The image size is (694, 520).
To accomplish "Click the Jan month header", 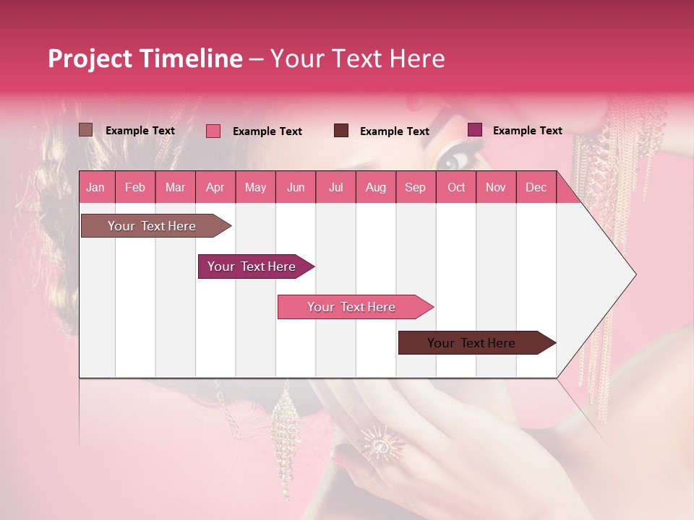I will point(95,187).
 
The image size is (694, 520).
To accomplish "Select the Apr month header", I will point(215,187).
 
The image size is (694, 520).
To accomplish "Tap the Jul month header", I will point(335,187).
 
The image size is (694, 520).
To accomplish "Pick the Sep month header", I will point(415,187).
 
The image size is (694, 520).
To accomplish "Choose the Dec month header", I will point(536,187).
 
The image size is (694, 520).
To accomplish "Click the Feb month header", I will point(135,187).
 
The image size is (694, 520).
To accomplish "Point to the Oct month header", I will point(455,187).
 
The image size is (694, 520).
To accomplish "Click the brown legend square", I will point(85,130).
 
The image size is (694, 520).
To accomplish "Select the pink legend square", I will point(213,131).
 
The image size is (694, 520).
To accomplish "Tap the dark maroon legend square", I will point(341,131).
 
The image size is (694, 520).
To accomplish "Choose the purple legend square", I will point(475,130).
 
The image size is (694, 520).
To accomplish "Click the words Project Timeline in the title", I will point(145,58).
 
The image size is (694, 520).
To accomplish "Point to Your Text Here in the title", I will point(357,58).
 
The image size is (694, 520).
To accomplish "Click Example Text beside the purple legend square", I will point(527,131).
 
